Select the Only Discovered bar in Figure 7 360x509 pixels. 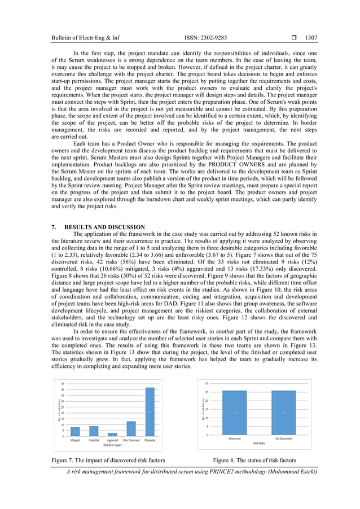coord(131,429)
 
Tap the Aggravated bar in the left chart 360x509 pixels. coord(112,435)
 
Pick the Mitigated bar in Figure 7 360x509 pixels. coord(75,432)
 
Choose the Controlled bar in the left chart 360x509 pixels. coord(94,431)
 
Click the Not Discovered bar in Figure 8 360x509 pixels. coord(284,413)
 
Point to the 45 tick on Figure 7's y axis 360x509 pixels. coord(62,384)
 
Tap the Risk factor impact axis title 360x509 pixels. coord(112,445)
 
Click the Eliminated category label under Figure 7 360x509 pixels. coord(150,440)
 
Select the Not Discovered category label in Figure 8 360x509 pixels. coord(284,438)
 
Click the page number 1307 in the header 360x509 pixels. coord(311,38)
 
